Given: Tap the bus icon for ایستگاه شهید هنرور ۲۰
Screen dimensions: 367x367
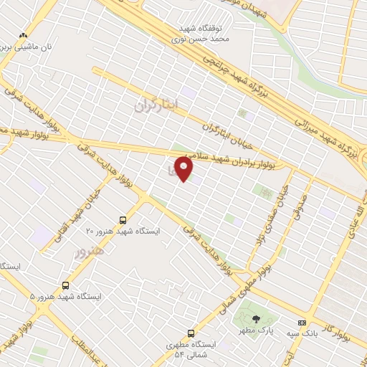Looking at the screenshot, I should (123, 220).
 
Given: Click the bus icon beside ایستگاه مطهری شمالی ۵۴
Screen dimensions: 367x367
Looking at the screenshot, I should (191, 333).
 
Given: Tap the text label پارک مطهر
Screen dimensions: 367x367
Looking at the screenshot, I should (257, 330).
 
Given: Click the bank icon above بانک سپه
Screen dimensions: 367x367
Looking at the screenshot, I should (302, 323).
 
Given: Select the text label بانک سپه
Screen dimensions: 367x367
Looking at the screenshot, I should (302, 333).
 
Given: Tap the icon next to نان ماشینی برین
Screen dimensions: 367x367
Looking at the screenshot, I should (24, 34).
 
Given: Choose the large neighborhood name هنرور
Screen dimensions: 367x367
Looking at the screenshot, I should (90, 252).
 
